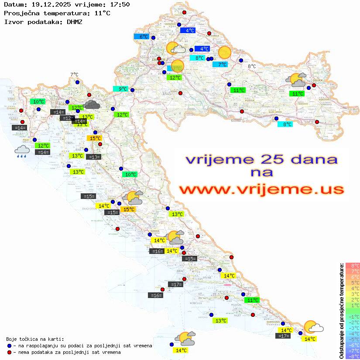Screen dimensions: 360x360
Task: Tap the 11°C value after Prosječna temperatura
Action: tap(102, 13)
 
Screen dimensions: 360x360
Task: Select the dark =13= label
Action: tap(94, 157)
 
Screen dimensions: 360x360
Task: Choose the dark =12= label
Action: tap(67, 118)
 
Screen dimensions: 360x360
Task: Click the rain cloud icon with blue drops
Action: tap(22, 151)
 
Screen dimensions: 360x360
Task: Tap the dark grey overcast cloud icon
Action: tap(92, 104)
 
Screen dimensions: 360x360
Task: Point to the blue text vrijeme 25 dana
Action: tap(261, 159)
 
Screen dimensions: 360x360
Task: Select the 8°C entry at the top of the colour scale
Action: tap(353, 266)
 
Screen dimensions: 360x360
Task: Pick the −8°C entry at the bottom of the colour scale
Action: tap(353, 357)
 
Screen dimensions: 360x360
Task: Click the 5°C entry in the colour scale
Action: tap(353, 283)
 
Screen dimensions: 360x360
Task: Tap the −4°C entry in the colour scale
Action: tap(353, 334)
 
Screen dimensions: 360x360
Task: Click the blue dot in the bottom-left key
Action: tap(10, 346)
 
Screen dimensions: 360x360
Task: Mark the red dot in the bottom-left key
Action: tap(10, 352)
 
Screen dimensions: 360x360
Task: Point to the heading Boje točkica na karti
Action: tap(35, 339)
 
